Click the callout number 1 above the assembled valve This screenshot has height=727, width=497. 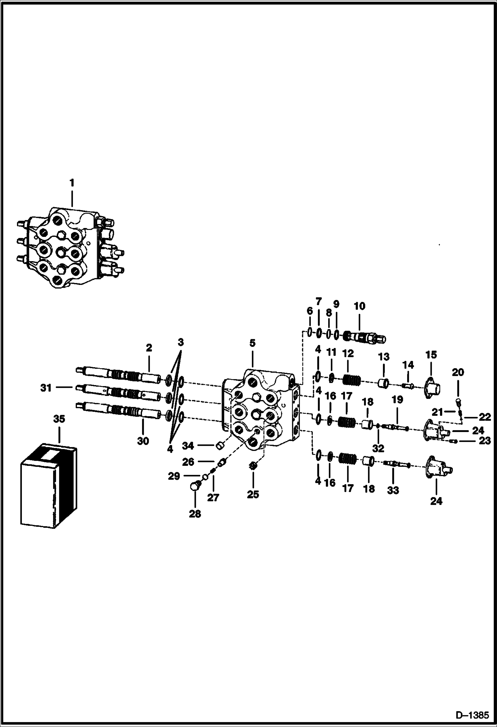[72, 183]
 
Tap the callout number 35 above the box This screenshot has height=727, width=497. [59, 419]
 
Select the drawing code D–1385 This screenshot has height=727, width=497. [472, 715]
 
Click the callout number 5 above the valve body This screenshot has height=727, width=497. [252, 343]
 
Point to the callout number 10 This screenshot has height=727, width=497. [359, 306]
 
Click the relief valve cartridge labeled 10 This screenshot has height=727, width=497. [365, 337]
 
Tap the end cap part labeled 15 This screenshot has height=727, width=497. [432, 386]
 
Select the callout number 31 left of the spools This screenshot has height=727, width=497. [46, 387]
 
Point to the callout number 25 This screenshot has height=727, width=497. [253, 494]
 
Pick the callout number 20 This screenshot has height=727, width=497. [458, 372]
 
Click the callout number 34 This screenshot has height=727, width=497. [188, 446]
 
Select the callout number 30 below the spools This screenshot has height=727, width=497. [143, 441]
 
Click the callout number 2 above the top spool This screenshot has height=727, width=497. [149, 348]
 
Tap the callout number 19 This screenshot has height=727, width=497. [397, 400]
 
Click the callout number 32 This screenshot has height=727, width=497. [378, 448]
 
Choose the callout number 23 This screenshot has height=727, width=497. [484, 441]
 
